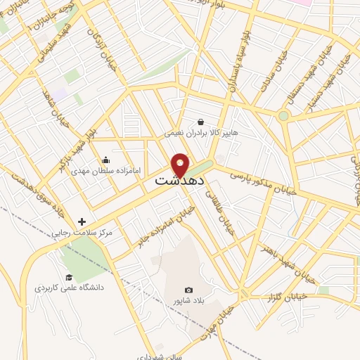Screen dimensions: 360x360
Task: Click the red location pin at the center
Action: [x=180, y=165]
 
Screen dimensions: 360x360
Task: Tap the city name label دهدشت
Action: [x=180, y=181]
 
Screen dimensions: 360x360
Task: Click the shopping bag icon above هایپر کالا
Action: [x=201, y=122]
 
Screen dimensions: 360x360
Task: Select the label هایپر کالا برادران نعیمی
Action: [x=201, y=133]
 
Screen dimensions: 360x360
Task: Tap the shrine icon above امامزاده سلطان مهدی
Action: [x=105, y=160]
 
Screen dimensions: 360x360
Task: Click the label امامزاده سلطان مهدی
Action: [x=105, y=171]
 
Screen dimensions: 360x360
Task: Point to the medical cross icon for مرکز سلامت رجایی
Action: [x=82, y=221]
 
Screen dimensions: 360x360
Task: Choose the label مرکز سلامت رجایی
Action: [x=82, y=232]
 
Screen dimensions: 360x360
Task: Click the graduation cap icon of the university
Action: [x=69, y=277]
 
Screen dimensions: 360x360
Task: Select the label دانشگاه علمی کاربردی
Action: [x=69, y=288]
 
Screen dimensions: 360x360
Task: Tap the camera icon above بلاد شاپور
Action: [x=188, y=290]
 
